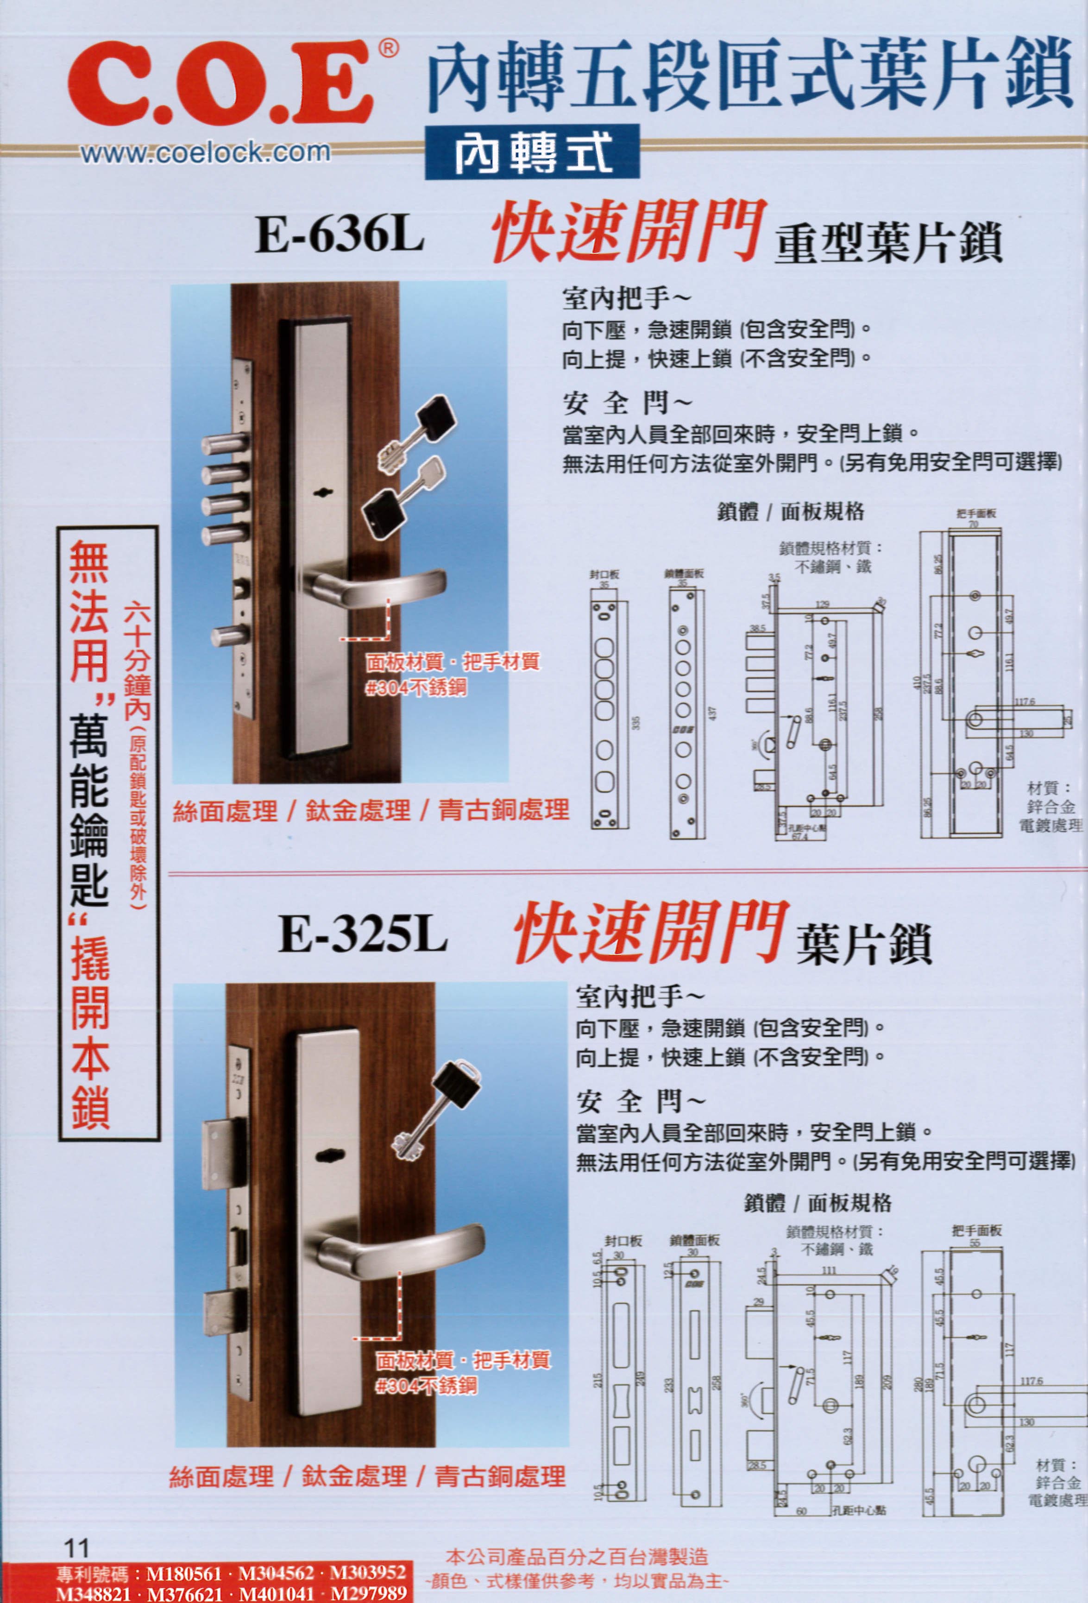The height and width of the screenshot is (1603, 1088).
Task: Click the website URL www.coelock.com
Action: click(206, 152)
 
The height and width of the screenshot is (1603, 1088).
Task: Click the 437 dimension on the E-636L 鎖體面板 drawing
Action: click(714, 712)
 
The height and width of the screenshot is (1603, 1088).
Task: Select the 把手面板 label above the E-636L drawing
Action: click(975, 514)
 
